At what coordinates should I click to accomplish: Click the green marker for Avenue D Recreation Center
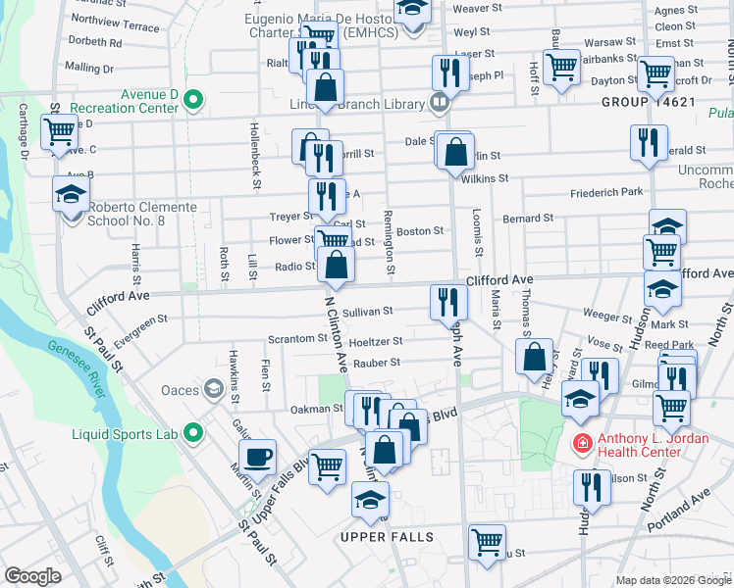click(194, 99)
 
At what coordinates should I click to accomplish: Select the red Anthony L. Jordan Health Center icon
click(582, 444)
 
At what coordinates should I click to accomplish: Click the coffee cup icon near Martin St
click(258, 455)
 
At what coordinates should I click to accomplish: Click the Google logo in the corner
click(32, 575)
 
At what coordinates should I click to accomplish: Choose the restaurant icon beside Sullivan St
click(446, 301)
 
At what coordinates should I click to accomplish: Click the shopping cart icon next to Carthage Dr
click(60, 130)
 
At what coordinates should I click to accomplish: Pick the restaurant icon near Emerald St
click(649, 141)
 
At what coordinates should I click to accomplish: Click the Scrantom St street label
click(297, 339)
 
